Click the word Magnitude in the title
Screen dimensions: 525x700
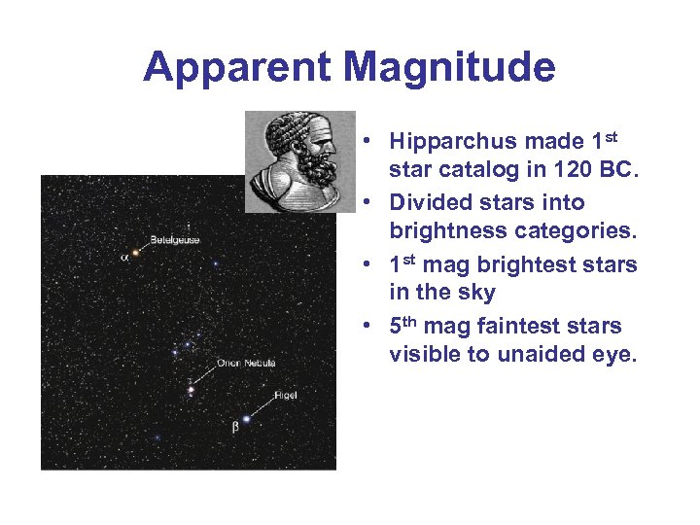(448, 68)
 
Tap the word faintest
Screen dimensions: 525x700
(519, 327)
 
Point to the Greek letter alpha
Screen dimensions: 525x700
(123, 258)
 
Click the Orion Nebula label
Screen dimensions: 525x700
(247, 363)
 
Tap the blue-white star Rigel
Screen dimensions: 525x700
(246, 419)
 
